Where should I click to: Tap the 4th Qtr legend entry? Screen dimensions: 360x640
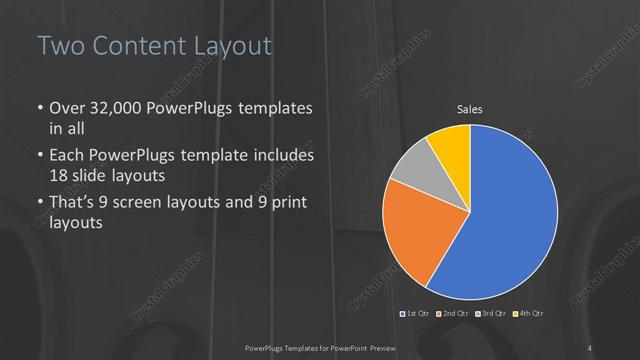pos(528,315)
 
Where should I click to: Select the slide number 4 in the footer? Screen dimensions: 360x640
pos(590,347)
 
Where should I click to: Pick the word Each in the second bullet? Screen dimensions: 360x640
pos(67,156)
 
